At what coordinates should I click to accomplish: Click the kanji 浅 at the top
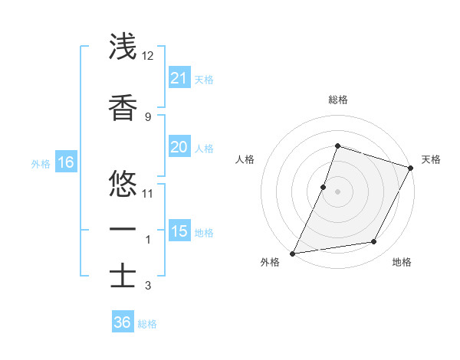pos(123,47)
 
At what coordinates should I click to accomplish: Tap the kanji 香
pos(123,109)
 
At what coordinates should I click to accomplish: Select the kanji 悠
pos(123,182)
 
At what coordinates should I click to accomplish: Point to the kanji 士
pos(123,276)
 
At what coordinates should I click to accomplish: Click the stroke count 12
pos(148,56)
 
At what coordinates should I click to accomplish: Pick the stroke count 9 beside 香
pos(147,116)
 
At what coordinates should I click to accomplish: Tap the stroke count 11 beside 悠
pos(148,192)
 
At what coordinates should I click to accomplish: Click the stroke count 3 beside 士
pos(147,286)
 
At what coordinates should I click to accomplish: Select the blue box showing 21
pos(179,78)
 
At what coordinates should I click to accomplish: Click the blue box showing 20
pos(179,148)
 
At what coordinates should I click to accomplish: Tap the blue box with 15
pos(179,231)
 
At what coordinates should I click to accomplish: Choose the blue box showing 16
pos(65,162)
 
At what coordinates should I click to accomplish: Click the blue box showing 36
pos(122,322)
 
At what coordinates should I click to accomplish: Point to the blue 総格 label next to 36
pos(147,324)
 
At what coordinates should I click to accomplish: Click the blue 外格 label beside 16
pos(41,163)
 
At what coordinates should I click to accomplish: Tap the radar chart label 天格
pos(431,159)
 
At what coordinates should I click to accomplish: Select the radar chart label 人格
pos(245,159)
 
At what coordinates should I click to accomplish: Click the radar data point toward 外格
pos(293,253)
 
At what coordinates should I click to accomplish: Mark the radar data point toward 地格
pos(374,242)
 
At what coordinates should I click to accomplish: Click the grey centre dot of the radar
pos(337,191)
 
